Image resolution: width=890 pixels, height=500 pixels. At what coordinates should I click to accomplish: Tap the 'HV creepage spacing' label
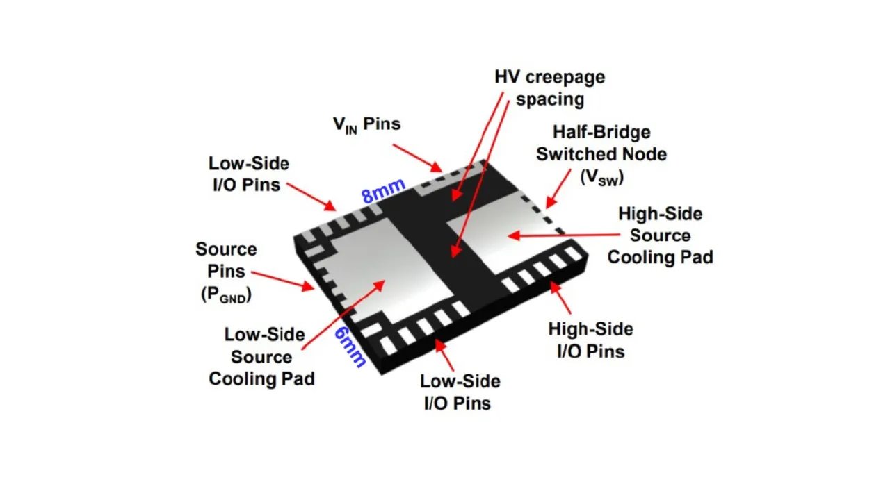[549, 87]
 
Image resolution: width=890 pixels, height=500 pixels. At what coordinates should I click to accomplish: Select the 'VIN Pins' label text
[366, 124]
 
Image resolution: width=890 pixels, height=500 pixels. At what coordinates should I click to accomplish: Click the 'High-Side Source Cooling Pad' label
[660, 235]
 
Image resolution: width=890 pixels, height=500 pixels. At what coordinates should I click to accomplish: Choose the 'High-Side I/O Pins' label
[590, 340]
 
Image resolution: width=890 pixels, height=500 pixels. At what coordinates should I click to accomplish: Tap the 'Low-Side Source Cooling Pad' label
[262, 357]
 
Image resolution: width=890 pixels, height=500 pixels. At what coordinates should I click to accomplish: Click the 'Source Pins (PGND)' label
[226, 272]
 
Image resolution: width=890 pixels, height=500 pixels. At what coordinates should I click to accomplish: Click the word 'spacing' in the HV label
[549, 99]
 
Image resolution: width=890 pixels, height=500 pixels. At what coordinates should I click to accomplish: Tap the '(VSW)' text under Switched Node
[602, 177]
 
